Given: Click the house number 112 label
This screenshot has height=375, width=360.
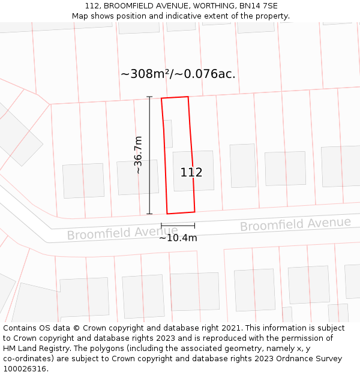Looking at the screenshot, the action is pos(191,173).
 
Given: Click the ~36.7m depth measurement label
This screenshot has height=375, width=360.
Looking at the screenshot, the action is pos(138,155).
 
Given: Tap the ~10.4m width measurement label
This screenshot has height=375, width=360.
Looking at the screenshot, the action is pos(178,238).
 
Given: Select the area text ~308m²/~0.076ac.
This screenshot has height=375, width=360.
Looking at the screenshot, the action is pos(178,74).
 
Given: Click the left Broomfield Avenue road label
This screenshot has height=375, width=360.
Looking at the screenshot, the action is pos(114,233).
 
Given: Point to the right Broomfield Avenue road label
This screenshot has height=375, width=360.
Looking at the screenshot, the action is pos(295,224).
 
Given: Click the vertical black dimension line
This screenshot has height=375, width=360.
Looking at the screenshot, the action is pos(149,155).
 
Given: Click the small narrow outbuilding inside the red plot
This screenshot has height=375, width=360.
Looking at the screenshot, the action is pos(168,134).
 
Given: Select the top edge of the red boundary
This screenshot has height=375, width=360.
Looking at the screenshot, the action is pos(175,97).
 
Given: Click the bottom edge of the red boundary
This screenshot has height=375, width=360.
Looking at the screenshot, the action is pos(181,212).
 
